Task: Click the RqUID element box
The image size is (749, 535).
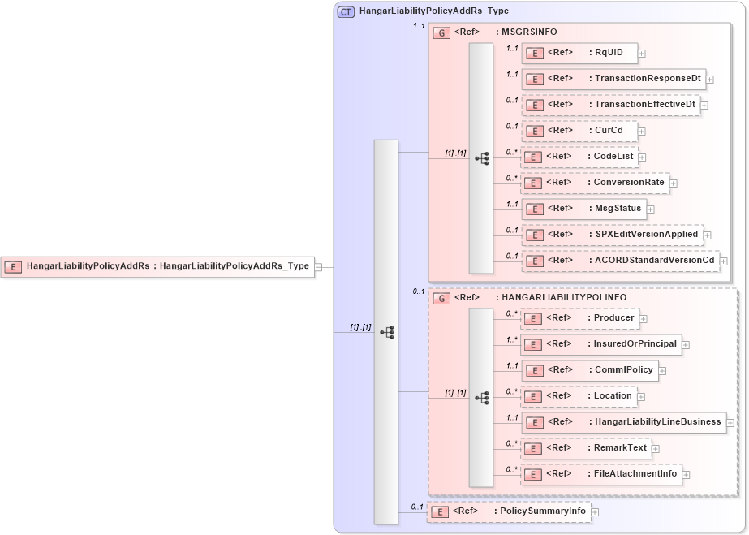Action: pos(579,53)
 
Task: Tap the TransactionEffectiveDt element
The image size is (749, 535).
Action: pos(610,105)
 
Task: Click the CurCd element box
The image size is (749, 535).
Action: pos(579,131)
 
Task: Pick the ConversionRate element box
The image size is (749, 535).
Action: pos(595,183)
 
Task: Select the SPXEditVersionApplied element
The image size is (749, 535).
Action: pos(612,235)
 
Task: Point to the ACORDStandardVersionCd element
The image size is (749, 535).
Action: pos(620,261)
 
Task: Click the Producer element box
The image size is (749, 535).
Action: pos(579,318)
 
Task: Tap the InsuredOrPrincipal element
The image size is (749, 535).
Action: pos(600,344)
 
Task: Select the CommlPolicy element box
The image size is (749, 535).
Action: pos(589,370)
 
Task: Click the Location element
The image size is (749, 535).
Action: pos(579,396)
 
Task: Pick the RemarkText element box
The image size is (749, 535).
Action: pos(586,448)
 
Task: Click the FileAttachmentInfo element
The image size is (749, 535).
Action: pos(600,474)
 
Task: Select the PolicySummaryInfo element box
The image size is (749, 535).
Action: pos(508,511)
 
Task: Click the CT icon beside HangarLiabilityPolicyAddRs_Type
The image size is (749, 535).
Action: pos(346,11)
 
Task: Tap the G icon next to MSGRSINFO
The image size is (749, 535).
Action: pos(441,32)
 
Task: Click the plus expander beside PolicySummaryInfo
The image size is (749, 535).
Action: pos(595,512)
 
